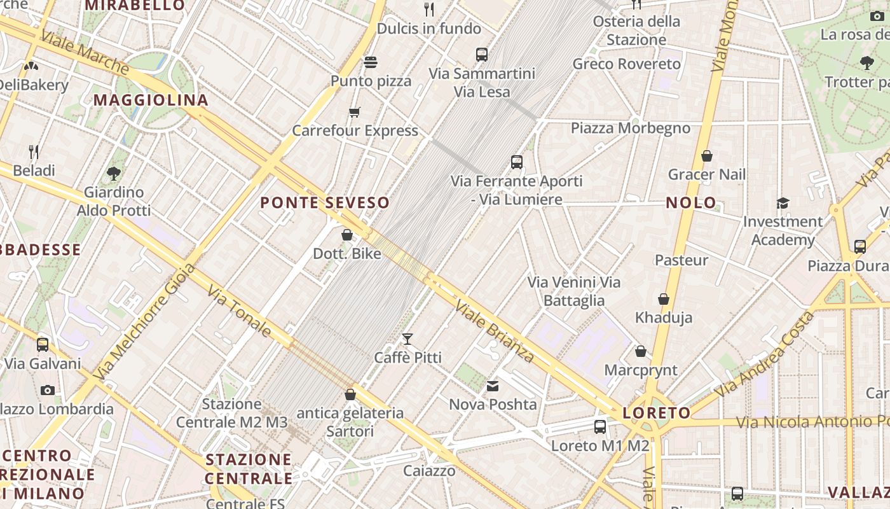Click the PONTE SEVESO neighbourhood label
(325, 203)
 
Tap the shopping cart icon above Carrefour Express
(355, 113)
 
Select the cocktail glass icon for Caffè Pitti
(407, 339)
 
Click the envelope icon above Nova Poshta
(493, 386)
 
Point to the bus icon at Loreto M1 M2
(599, 427)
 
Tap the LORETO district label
(657, 413)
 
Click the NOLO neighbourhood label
(690, 203)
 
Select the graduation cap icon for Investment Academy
(783, 203)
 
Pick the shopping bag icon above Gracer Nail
(706, 156)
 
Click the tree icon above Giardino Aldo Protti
(114, 173)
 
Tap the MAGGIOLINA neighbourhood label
(151, 100)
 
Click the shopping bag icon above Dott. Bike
(347, 235)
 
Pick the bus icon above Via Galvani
(43, 345)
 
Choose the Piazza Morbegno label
(630, 128)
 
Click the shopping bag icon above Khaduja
(664, 299)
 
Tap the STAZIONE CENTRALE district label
(249, 469)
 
